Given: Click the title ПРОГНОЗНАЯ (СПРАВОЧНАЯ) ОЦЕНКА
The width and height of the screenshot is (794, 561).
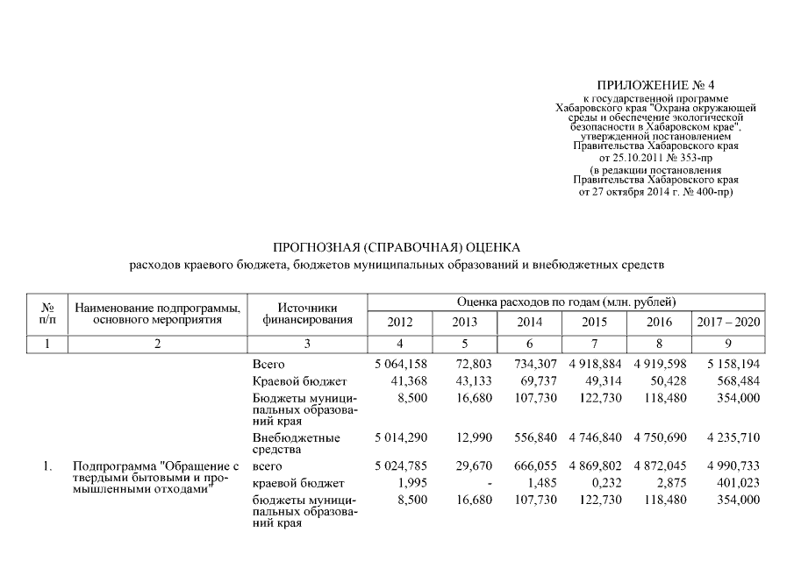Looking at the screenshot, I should coord(397,246).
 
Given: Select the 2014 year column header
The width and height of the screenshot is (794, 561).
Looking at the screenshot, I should coord(530,323).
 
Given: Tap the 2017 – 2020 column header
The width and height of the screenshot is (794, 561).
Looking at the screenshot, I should coord(728,323).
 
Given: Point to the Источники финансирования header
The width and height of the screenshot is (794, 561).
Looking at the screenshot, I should coord(307,314).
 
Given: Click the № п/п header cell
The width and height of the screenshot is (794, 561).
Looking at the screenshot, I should coord(48,314).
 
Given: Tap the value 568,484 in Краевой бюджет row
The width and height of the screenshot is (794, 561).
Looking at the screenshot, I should coord(736,381).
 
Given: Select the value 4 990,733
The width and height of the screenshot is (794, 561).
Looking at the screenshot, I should coord(729,466).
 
